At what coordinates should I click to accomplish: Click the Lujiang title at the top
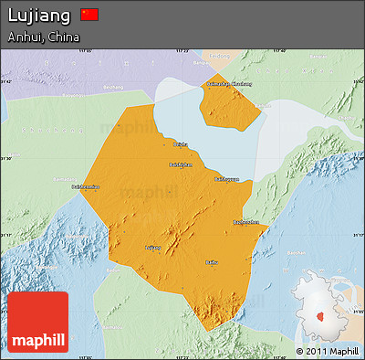point(38,16)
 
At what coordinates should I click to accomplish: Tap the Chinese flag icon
point(89,15)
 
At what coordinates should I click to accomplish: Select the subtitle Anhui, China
point(44,37)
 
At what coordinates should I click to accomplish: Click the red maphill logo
point(37,323)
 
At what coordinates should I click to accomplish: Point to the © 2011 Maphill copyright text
point(327,351)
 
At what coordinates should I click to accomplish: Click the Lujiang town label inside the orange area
point(152,247)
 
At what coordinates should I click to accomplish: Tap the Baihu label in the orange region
point(212,262)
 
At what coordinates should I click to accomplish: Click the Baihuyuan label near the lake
point(225,179)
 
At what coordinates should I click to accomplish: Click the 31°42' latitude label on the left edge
point(6,83)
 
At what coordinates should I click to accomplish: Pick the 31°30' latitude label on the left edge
point(6,159)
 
